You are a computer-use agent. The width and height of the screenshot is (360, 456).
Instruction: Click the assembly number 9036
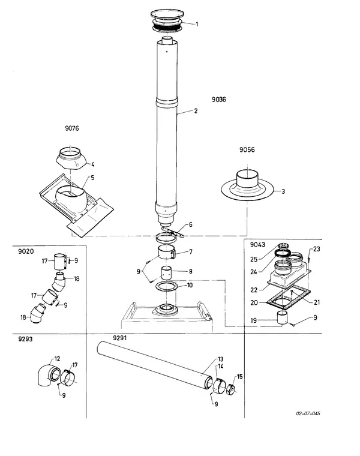click(x=218, y=100)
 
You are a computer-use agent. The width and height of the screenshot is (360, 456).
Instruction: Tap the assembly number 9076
click(x=72, y=128)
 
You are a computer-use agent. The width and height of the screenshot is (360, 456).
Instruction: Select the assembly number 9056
click(x=247, y=150)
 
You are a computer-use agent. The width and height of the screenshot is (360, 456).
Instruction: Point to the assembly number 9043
click(x=257, y=245)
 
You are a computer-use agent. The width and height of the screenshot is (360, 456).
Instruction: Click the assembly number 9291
click(x=120, y=338)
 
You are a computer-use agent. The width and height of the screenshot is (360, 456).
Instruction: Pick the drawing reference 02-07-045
click(x=308, y=413)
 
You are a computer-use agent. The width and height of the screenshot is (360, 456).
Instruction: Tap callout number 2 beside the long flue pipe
click(x=196, y=111)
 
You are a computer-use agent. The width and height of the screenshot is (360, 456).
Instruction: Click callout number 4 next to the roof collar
click(x=93, y=164)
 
